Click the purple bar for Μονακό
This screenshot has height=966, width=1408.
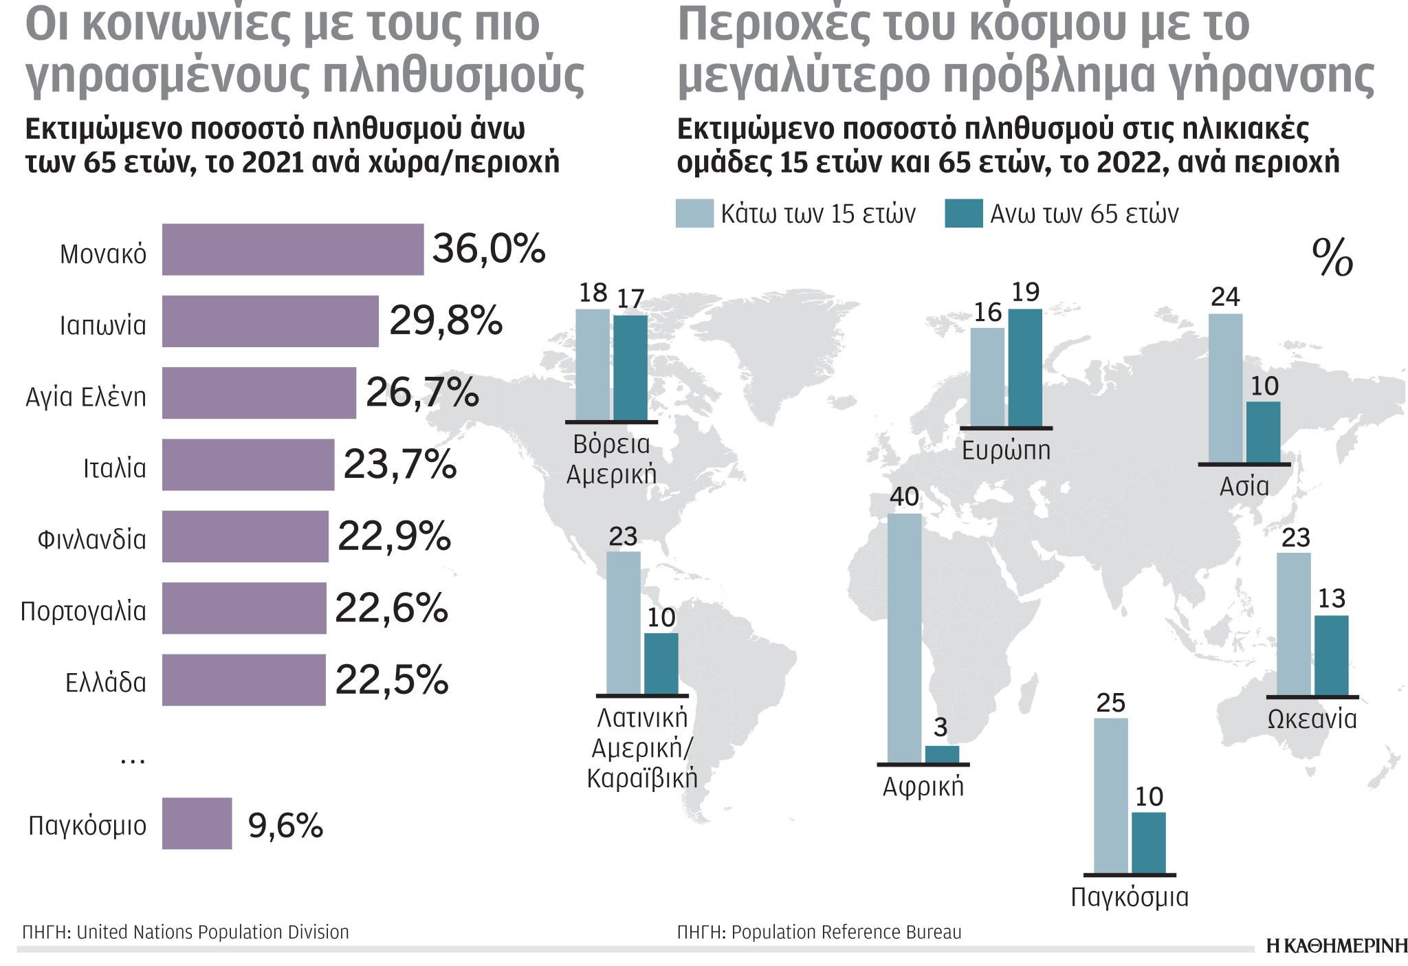[x=293, y=250]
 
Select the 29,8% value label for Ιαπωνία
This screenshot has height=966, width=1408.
[x=445, y=321]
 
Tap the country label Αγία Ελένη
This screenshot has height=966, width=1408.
[x=86, y=397]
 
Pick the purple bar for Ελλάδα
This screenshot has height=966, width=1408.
[x=244, y=680]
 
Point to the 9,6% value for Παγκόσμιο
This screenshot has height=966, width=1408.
[x=285, y=825]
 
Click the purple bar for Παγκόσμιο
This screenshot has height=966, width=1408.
[x=197, y=824]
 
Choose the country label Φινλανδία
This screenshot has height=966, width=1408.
[x=91, y=540]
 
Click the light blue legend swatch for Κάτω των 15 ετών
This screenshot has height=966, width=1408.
[x=694, y=214]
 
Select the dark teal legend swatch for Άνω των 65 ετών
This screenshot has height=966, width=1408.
[x=963, y=214]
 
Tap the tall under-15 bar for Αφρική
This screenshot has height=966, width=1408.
[x=904, y=638]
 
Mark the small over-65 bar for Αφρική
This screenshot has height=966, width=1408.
[x=942, y=754]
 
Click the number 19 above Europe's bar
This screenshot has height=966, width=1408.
[x=1025, y=292]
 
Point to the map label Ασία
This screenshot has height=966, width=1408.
[x=1244, y=486]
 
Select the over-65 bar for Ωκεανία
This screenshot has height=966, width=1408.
[x=1331, y=655]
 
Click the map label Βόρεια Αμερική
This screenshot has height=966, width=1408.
[x=611, y=459]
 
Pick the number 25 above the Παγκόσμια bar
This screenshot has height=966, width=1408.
[x=1110, y=703]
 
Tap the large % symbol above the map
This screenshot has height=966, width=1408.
[x=1332, y=258]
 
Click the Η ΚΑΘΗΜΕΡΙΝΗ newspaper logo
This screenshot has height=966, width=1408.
[x=1336, y=947]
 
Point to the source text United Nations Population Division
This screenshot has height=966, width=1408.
[x=212, y=932]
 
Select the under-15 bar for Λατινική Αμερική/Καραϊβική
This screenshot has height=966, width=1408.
[x=624, y=623]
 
